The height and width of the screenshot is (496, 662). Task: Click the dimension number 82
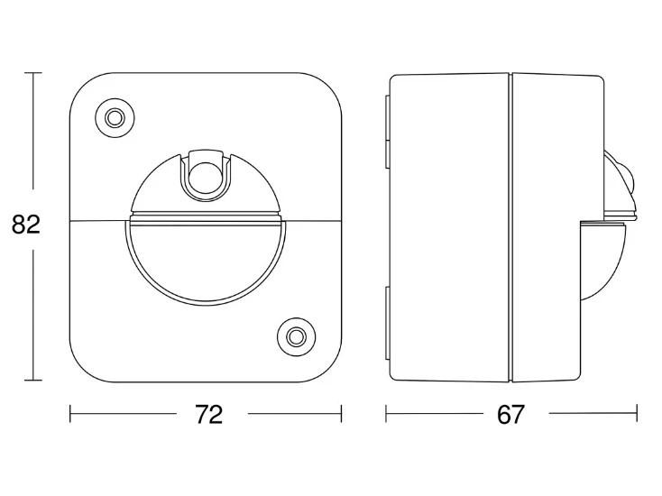pyautogui.click(x=26, y=225)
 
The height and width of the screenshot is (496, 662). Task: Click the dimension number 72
pyautogui.click(x=209, y=414)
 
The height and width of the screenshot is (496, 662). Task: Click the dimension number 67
pyautogui.click(x=510, y=414)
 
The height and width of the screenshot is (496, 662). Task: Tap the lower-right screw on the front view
pyautogui.click(x=296, y=337)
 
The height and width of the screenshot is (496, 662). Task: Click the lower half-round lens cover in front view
pyautogui.click(x=206, y=261)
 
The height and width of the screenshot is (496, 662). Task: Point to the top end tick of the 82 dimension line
pyautogui.click(x=33, y=73)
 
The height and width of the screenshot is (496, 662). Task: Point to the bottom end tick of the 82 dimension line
pyautogui.click(x=33, y=380)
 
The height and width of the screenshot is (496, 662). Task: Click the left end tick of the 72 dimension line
pyautogui.click(x=70, y=414)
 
